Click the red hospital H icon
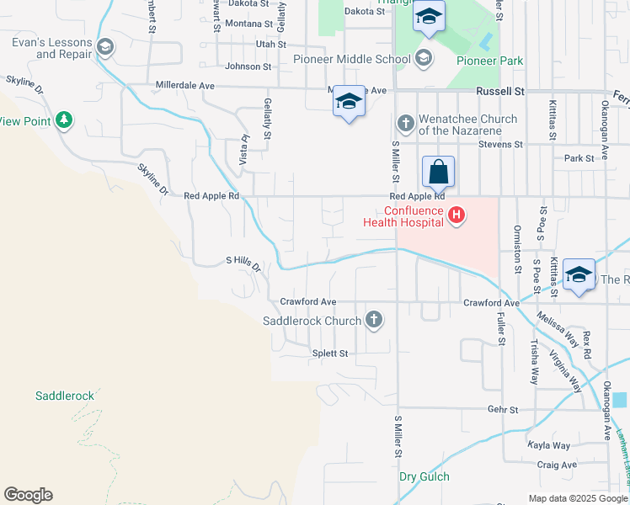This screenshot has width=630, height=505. tap(456, 216)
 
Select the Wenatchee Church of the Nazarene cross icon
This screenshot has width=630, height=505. tap(405, 125)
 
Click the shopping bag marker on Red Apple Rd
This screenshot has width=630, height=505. tap(438, 173)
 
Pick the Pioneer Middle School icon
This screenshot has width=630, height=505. tap(424, 59)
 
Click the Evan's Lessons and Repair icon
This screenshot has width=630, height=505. tap(105, 47)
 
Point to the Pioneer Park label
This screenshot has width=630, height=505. tap(489, 61)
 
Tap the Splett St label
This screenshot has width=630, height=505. tap(329, 353)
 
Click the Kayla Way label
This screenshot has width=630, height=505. tap(548, 445)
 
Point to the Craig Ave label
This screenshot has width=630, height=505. tap(557, 465)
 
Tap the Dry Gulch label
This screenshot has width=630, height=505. tap(424, 476)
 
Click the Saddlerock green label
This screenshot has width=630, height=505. tap(65, 395)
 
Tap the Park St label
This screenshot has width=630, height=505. tap(579, 158)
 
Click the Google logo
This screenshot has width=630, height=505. tap(28, 495)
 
